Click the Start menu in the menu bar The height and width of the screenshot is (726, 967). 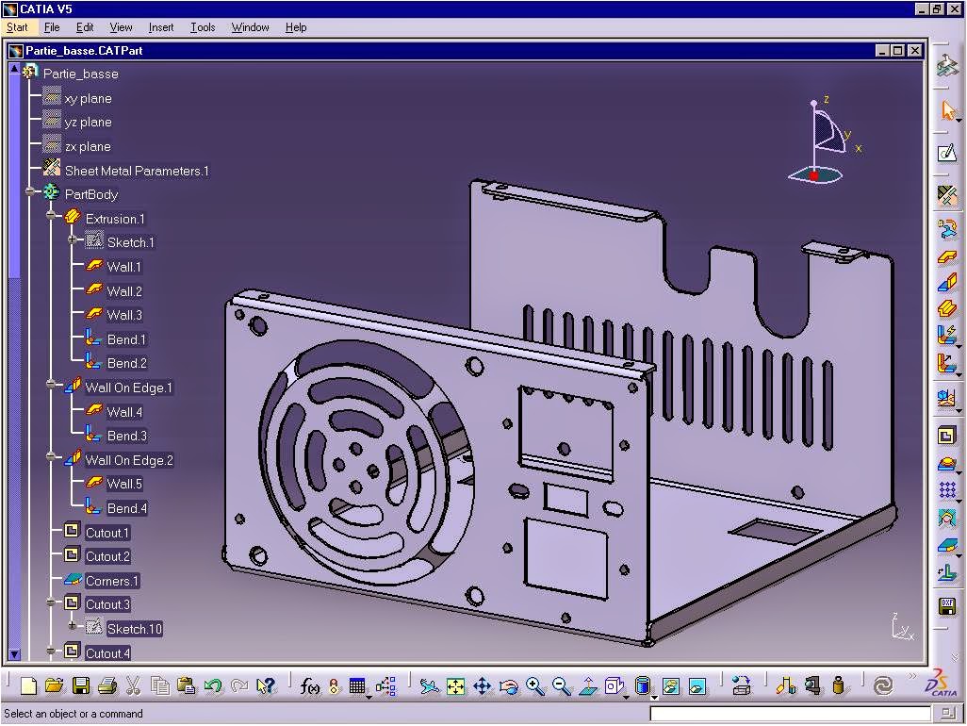coord(17,27)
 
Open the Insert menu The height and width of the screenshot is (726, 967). coord(161,27)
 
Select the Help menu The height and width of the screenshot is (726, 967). coord(296,27)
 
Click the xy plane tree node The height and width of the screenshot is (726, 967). coord(88,98)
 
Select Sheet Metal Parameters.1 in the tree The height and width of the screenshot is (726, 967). coord(136,171)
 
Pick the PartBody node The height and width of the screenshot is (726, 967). coord(90,194)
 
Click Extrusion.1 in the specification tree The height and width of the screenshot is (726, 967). coord(115,219)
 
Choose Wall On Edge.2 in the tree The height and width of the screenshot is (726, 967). coord(129,460)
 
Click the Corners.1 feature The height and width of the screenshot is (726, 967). coord(111,581)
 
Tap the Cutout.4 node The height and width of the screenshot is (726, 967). coord(107,653)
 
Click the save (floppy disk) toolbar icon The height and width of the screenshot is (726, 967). coord(81,686)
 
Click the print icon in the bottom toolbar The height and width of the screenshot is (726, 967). coord(107,686)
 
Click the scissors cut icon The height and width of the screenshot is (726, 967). coord(134,686)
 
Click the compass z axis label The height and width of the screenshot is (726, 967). coord(826,99)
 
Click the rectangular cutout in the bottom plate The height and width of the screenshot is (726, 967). coord(775,530)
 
